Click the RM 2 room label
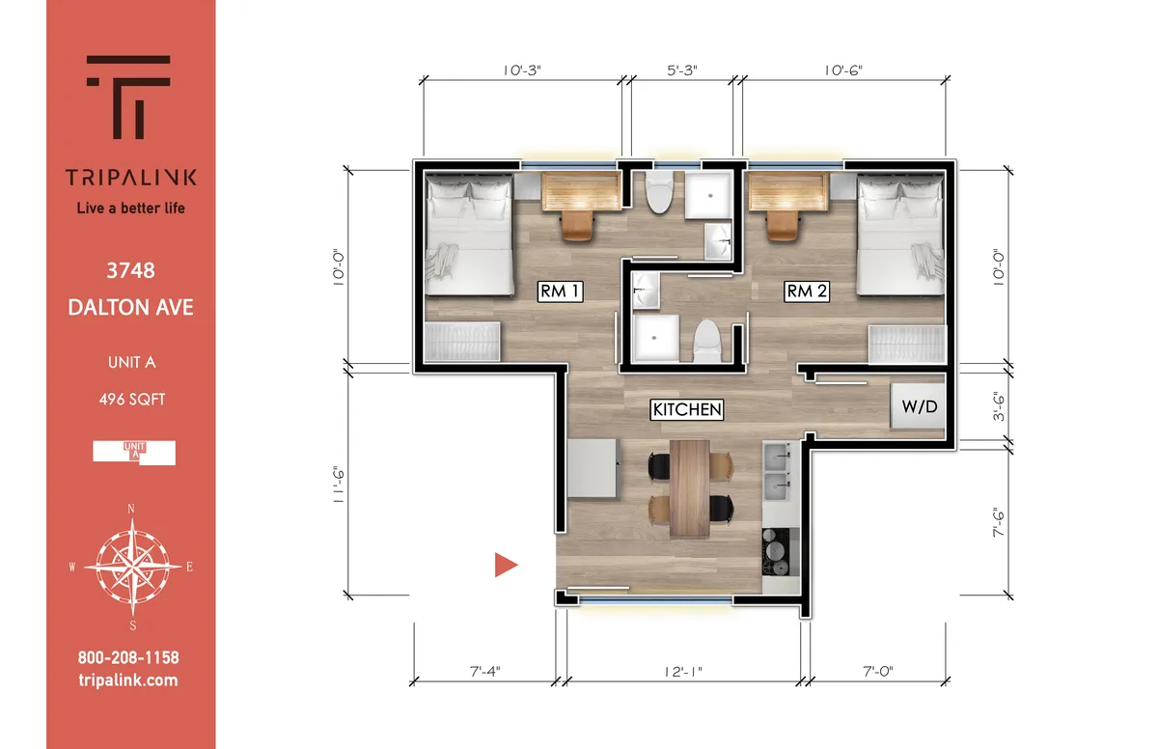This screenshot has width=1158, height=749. [x=807, y=291]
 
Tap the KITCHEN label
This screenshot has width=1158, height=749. [x=687, y=409]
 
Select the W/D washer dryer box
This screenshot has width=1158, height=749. [x=918, y=407]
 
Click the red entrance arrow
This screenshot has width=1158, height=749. [x=506, y=566]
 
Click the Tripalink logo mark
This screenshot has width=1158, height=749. [x=130, y=97]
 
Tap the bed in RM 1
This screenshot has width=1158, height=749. [x=470, y=236]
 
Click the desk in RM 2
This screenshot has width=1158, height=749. [x=788, y=193]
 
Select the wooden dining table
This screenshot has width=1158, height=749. [x=689, y=487]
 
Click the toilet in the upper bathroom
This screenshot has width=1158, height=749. [x=661, y=194]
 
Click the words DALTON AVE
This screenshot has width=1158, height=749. [x=130, y=308]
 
